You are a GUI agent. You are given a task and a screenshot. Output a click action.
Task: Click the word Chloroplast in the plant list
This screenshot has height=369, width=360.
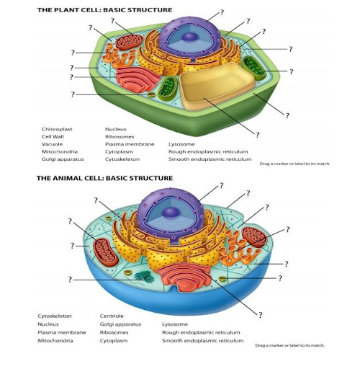(x=57, y=129)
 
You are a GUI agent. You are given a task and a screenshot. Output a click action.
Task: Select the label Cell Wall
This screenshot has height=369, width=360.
(x=53, y=137)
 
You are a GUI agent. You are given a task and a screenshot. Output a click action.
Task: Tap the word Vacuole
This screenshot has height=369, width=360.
(x=52, y=144)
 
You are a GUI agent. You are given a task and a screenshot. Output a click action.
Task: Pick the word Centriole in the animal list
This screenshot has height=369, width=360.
(x=112, y=316)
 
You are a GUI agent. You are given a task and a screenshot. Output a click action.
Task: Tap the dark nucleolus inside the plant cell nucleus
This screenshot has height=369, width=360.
(x=189, y=37)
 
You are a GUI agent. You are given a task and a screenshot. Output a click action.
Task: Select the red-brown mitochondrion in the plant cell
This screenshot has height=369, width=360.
(x=129, y=42)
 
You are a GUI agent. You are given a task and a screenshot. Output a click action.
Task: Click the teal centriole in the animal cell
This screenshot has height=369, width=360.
(x=145, y=276)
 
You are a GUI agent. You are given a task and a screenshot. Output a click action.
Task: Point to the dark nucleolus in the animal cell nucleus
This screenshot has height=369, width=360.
(x=171, y=213)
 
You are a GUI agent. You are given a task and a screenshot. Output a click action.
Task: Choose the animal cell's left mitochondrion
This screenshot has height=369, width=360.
(x=106, y=252)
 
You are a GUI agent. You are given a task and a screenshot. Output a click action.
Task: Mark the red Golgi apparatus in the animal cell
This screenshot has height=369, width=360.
(x=184, y=276)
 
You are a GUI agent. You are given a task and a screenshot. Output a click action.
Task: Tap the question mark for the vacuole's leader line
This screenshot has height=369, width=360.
(x=257, y=135)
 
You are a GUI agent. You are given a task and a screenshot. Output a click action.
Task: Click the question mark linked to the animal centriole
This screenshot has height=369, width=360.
(x=70, y=280)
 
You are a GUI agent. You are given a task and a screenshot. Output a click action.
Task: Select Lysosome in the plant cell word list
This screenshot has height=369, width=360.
(x=181, y=144)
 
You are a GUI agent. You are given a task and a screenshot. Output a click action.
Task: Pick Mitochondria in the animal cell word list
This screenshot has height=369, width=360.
(x=55, y=341)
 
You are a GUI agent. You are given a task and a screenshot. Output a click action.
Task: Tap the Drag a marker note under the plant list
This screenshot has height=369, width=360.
(x=295, y=164)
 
